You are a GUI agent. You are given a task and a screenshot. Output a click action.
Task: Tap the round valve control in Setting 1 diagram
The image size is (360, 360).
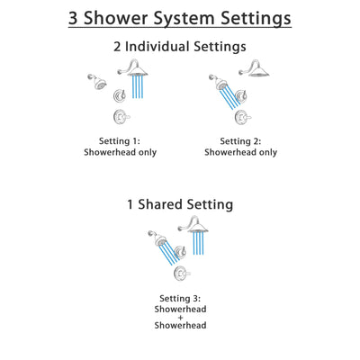[x=117, y=117]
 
